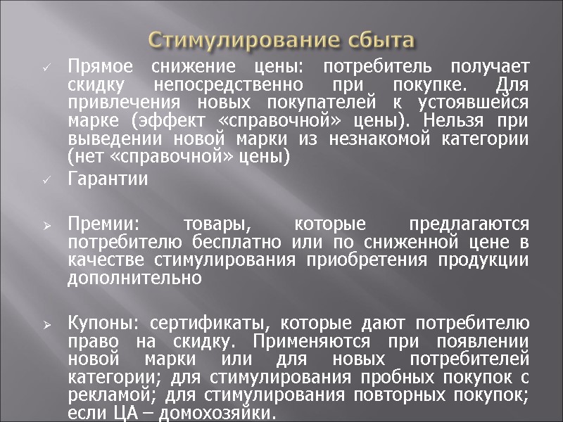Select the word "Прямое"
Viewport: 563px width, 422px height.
coord(97,68)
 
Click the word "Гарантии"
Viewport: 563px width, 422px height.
coord(108,179)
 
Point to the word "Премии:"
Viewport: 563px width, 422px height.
coord(103,224)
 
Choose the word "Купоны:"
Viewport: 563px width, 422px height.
coord(103,324)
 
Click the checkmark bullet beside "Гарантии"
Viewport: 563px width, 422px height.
coord(46,181)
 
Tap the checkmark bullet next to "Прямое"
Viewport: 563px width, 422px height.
coord(46,69)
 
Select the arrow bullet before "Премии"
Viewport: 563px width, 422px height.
coord(46,225)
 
